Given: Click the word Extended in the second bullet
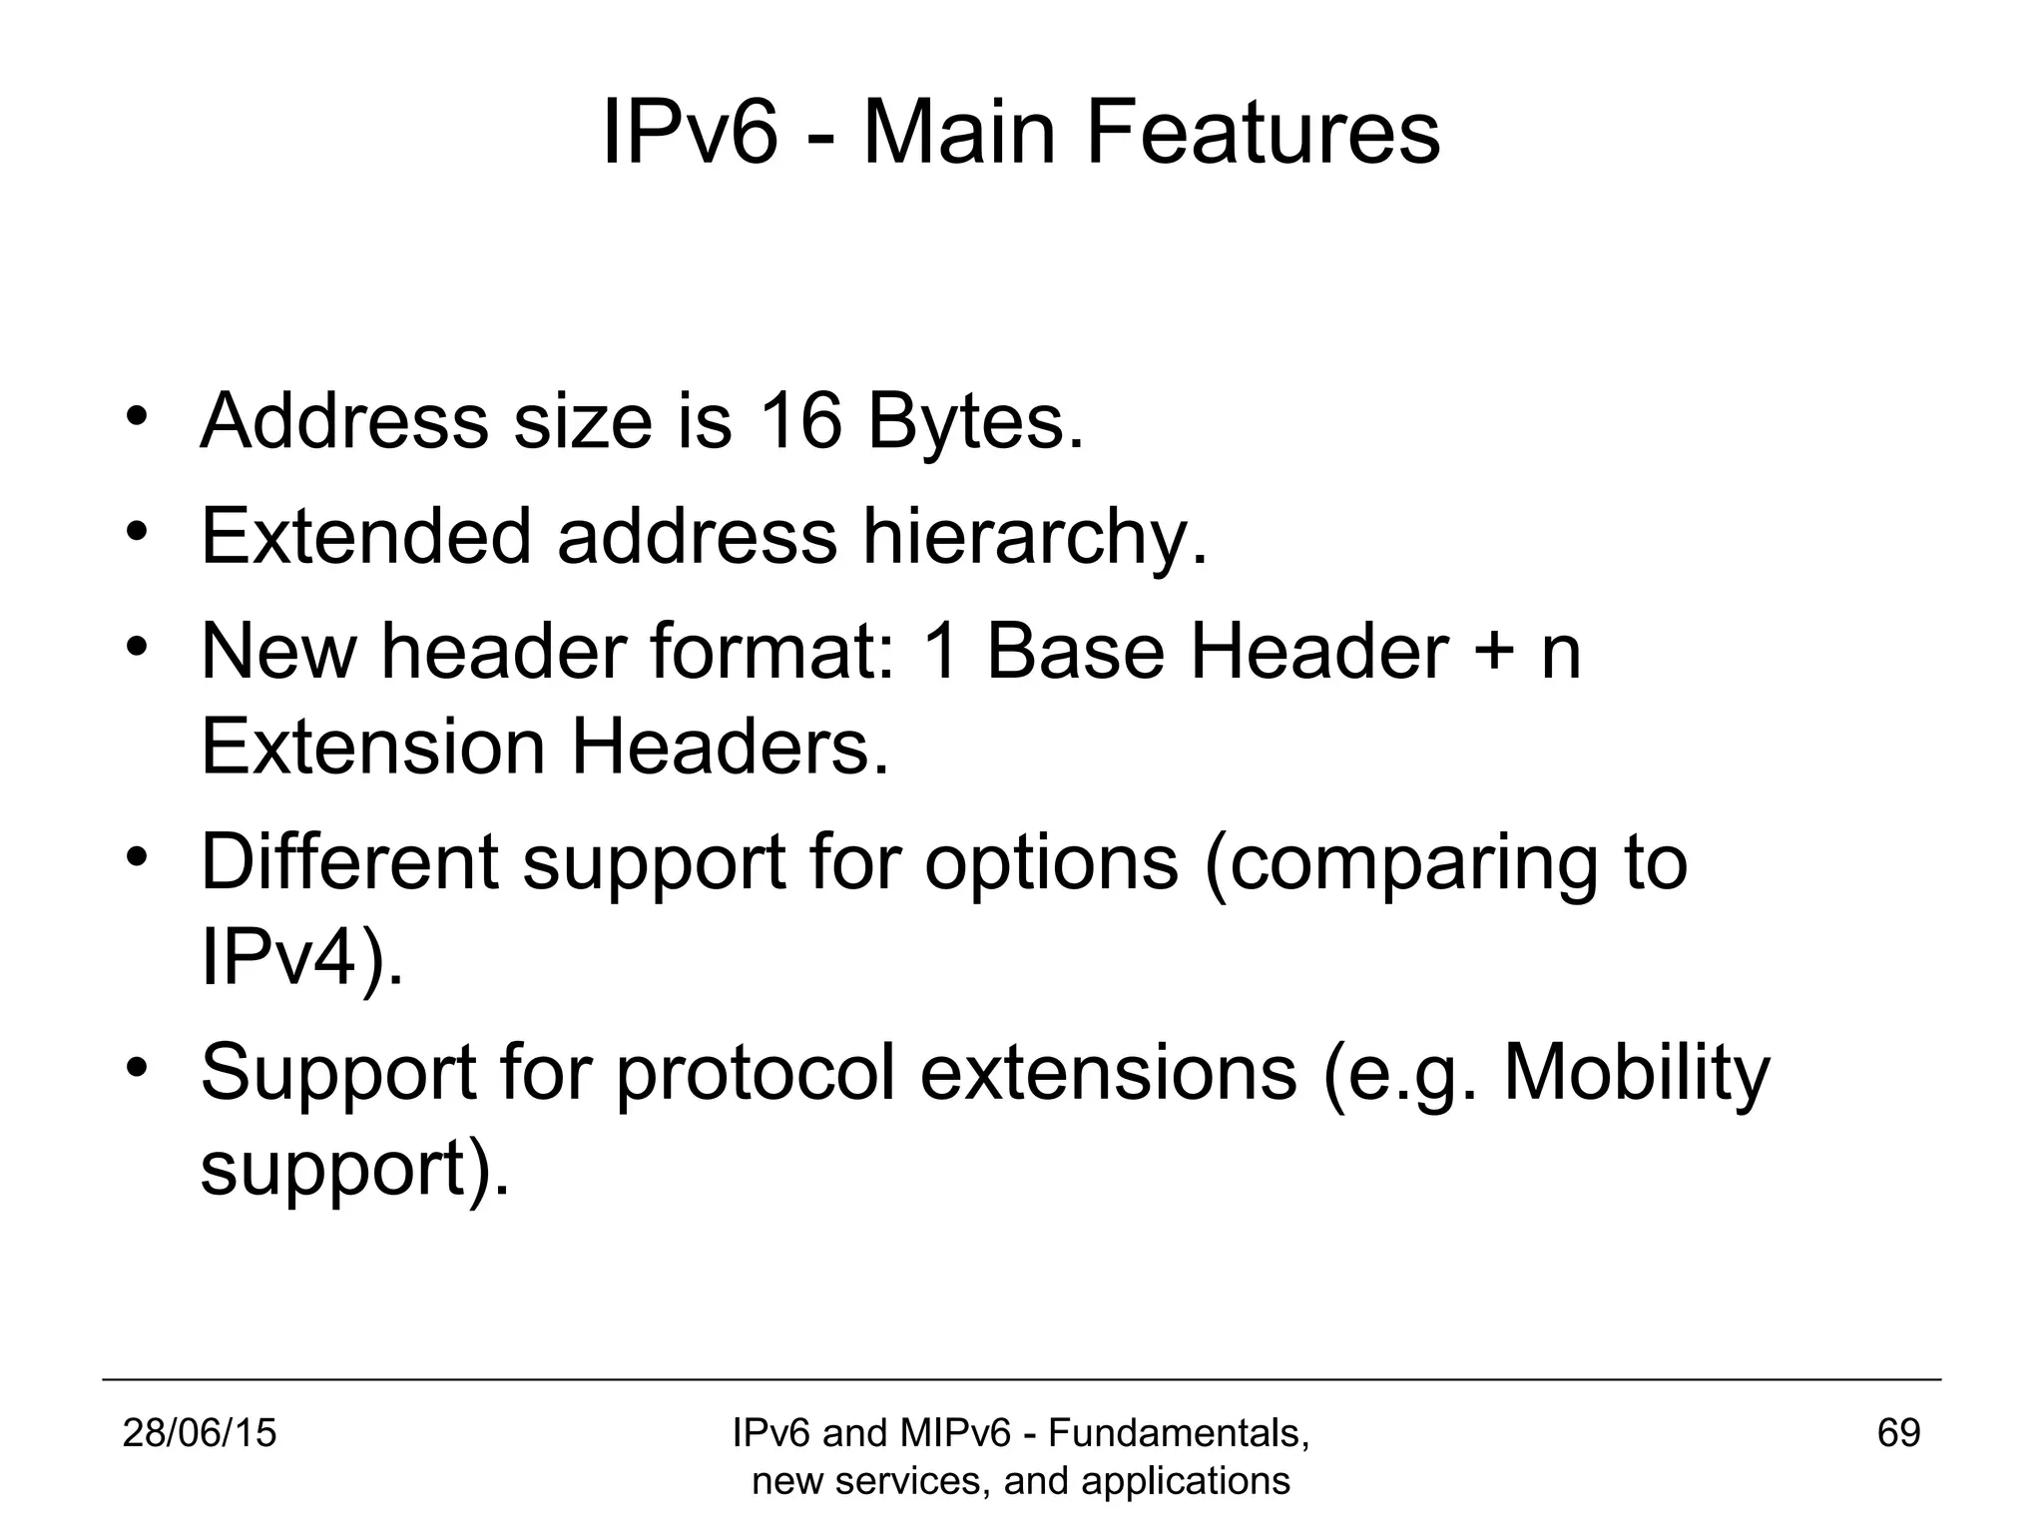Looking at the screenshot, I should [x=366, y=536].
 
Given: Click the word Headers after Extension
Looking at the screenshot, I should [x=729, y=748].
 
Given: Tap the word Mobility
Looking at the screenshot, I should [x=1636, y=1074].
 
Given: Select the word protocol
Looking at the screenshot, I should [x=756, y=1074].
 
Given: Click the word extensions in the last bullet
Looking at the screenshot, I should [x=1108, y=1072].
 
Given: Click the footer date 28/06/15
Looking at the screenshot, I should [x=200, y=1433].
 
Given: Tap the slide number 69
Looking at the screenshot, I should [x=1898, y=1433].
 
